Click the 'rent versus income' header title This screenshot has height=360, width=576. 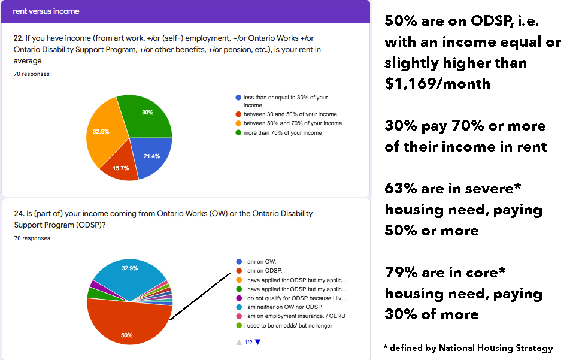[x=46, y=11]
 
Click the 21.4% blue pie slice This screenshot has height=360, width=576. [x=151, y=154]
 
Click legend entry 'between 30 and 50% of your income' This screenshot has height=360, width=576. [x=290, y=114]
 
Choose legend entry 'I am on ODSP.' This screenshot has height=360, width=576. [x=262, y=271]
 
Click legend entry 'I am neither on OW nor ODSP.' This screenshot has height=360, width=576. [x=284, y=307]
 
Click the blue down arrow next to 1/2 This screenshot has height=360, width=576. [x=258, y=342]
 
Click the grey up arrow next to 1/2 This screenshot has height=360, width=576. [x=239, y=342]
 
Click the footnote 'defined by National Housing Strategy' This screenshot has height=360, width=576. [x=471, y=348]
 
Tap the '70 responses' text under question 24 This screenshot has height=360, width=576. [x=32, y=238]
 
